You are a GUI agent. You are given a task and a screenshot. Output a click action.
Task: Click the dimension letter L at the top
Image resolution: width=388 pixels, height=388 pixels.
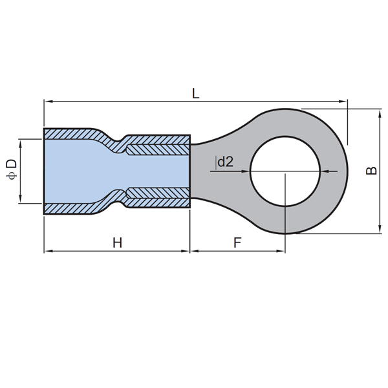pos(196,94)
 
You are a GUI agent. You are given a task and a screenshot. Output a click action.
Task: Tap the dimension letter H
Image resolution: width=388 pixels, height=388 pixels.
pos(117,242)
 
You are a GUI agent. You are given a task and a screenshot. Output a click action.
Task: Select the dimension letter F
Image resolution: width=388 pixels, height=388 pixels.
pos(237,242)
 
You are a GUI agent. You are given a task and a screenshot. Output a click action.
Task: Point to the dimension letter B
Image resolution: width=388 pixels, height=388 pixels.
pos(371,171)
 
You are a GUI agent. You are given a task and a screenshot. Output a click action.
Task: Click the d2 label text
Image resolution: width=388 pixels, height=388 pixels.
pos(225,162)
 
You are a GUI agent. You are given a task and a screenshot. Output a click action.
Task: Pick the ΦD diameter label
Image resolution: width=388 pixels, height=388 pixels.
pos(12,169)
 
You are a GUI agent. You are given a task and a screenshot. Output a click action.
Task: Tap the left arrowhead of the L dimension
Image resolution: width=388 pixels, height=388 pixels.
pos(48,102)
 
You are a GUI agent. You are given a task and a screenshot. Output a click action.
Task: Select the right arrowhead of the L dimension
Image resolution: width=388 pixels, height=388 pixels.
pos(343,102)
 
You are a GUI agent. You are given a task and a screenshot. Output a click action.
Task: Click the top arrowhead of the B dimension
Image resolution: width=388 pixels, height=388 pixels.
pos(380,114)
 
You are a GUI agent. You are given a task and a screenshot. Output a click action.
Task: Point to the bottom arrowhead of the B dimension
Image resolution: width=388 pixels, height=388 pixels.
pos(380,229)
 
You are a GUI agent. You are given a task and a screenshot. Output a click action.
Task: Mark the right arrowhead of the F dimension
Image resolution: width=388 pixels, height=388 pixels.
pos(281,251)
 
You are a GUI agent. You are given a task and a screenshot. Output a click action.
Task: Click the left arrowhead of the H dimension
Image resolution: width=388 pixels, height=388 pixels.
pos(48,251)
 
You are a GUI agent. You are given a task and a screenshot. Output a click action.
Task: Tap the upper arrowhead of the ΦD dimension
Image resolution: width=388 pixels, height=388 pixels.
pos(20,144)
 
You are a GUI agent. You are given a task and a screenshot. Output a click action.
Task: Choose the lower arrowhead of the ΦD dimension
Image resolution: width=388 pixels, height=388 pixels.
pos(20,199)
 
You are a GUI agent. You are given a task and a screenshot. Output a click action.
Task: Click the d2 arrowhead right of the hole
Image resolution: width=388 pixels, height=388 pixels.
pos(325,171)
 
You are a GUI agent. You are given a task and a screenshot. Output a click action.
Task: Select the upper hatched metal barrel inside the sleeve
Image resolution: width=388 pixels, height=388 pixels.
pos(158,150)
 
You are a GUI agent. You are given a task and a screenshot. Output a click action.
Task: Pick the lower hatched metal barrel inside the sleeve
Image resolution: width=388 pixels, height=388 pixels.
pos(158,193)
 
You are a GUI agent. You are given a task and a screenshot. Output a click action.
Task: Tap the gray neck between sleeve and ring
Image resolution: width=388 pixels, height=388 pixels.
pos(200,171)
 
